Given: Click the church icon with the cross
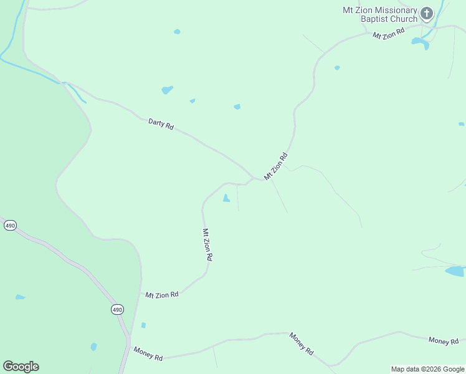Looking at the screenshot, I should coord(427,13).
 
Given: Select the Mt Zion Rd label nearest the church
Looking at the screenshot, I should coord(388,32).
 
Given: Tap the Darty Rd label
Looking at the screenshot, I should coord(160,123).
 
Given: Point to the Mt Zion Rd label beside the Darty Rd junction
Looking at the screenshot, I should coord(276,166).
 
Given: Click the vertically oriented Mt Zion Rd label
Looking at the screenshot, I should coord(207,244).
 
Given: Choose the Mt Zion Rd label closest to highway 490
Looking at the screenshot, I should coord(162,294).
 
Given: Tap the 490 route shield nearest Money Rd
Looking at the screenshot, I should coord(118,309).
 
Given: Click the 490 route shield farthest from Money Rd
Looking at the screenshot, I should coord(10,225).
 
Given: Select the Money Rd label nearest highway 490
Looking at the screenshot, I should coord(148,355).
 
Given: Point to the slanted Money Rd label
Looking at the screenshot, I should coord(302,344).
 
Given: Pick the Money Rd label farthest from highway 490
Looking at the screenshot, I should coord(444,340).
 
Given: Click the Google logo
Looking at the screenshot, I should coord(21,367).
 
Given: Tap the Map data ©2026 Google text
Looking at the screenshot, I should coord(427,369).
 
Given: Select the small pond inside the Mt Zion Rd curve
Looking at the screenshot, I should coord(226,198).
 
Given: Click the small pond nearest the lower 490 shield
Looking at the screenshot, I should coord(143,325).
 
